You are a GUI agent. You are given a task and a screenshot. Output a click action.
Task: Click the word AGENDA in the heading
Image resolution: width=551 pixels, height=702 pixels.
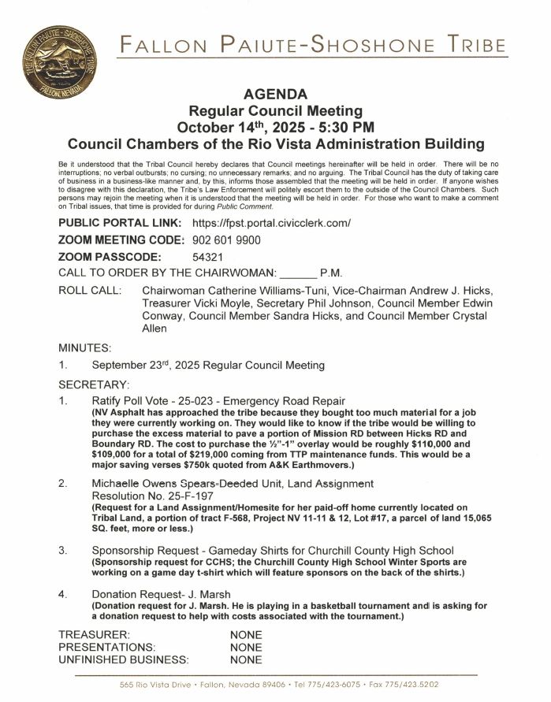pos(275,95)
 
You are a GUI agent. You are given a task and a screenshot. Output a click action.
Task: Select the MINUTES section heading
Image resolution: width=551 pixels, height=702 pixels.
pos(85,347)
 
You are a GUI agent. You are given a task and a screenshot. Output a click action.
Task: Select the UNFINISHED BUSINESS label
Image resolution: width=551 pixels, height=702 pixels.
pos(125,659)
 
